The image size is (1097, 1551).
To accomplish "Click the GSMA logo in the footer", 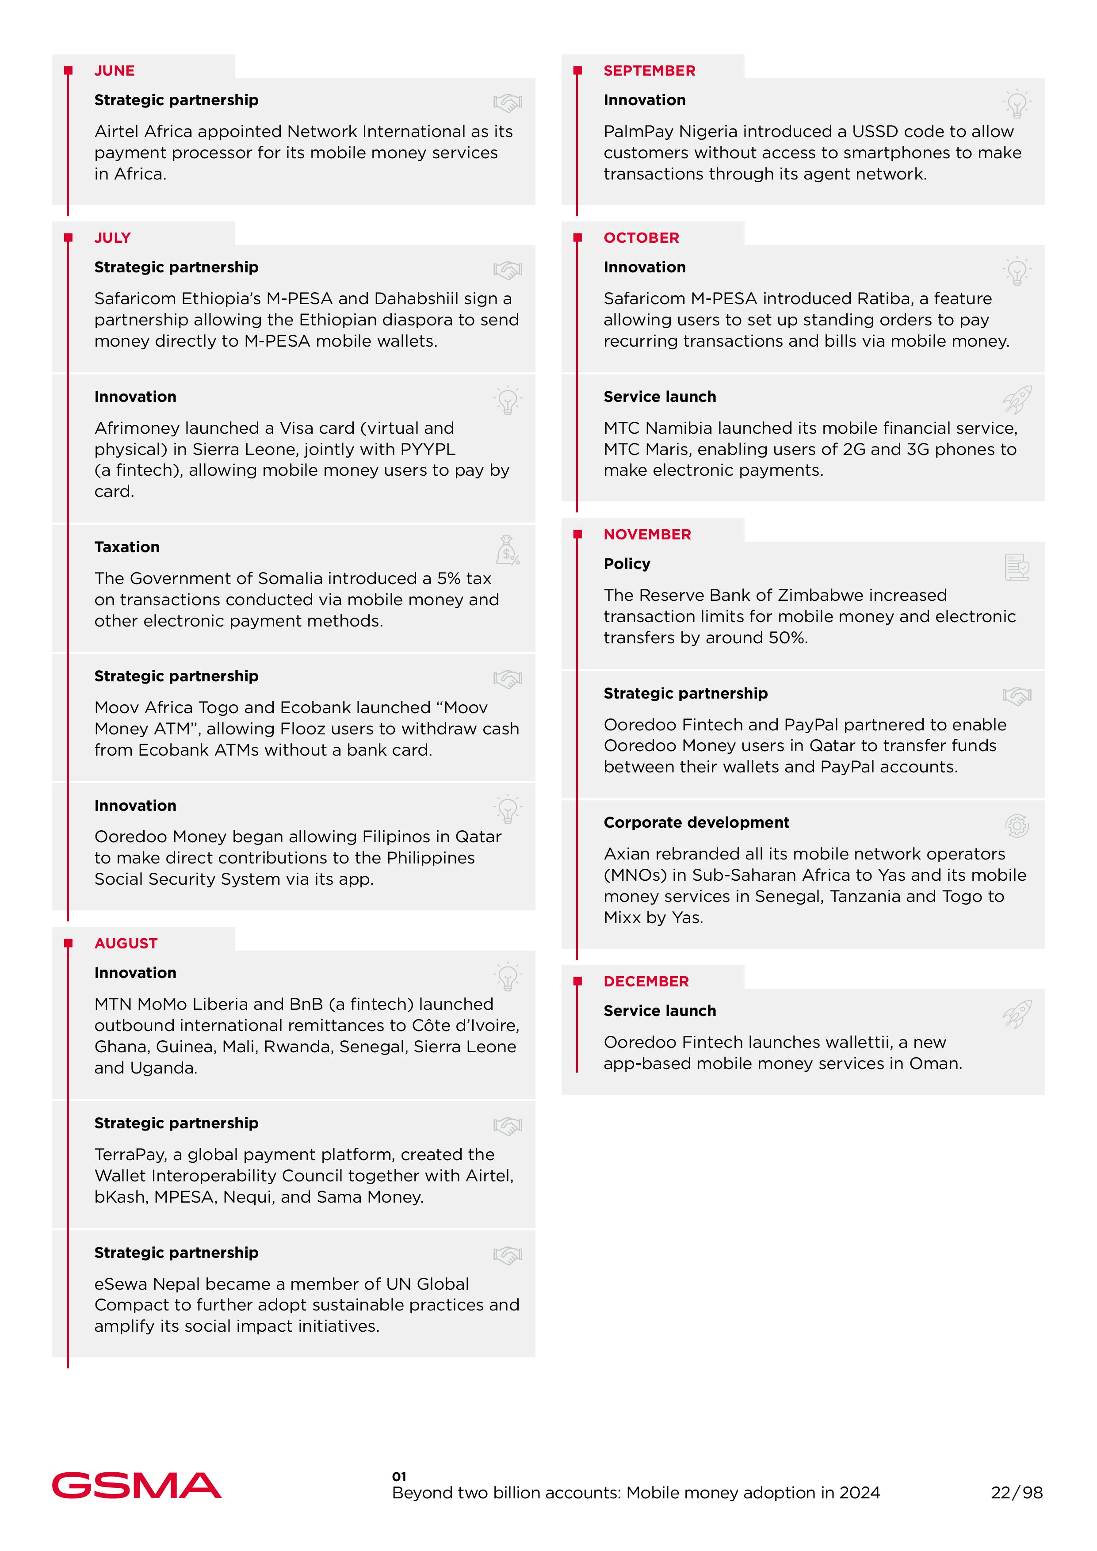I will [x=137, y=1485].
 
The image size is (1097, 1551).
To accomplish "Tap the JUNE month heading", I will [x=114, y=71].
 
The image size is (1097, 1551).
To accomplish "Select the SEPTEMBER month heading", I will [x=649, y=71].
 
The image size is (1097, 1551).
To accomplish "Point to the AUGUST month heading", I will [x=126, y=944].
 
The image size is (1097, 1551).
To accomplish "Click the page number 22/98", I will [x=1017, y=1492].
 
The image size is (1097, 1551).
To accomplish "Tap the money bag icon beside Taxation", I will [x=507, y=550].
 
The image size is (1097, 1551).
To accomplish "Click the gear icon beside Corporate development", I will [x=1017, y=825].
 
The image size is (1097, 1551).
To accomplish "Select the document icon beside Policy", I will [x=1017, y=567].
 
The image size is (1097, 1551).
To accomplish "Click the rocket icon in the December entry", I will [x=1017, y=1014].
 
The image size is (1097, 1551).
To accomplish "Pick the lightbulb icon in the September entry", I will [x=1017, y=104].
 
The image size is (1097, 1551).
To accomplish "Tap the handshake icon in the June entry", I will [x=507, y=103].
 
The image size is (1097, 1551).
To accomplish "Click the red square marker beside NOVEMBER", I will [x=577, y=535].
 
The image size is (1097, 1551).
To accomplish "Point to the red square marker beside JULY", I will [x=68, y=238].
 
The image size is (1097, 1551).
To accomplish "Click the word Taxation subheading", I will [x=127, y=547].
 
